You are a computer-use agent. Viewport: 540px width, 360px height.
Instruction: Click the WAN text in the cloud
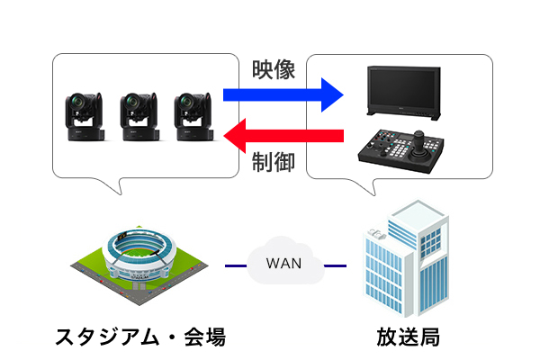click(x=284, y=265)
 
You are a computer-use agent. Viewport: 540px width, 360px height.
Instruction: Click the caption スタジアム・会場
click(x=139, y=337)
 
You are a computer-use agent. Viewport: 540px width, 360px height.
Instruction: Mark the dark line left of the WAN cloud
click(x=235, y=265)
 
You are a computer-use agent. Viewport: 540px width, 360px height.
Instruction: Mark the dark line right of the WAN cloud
click(x=335, y=265)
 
